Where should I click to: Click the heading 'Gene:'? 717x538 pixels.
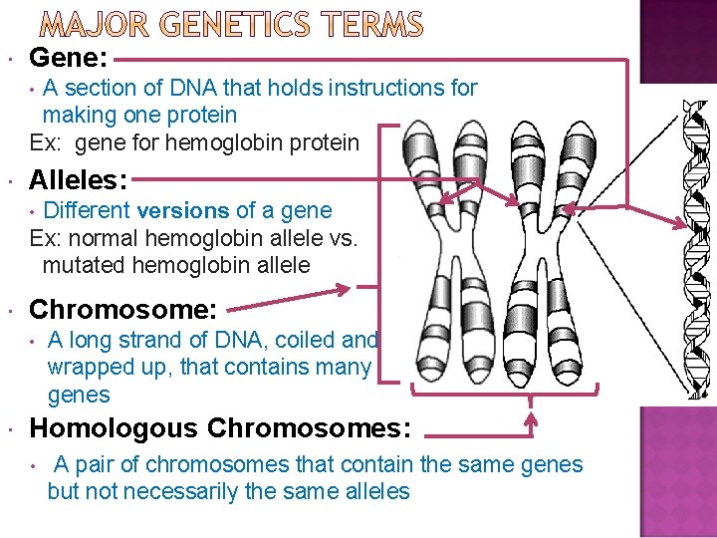pyautogui.click(x=69, y=59)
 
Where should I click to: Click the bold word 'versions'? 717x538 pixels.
pyautogui.click(x=183, y=210)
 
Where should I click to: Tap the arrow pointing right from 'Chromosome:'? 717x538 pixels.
pyautogui.click(x=298, y=292)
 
